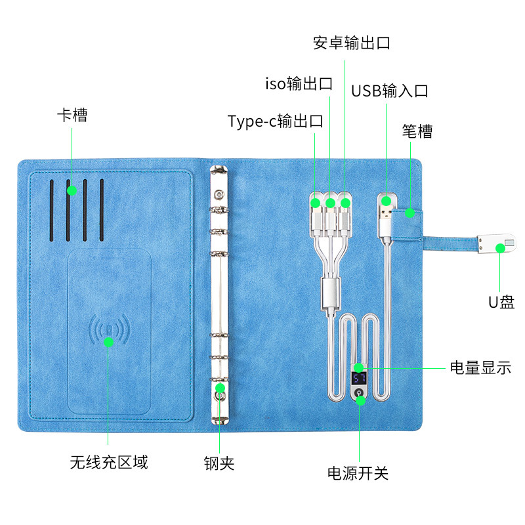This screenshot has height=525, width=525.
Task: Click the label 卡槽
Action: click(72, 115)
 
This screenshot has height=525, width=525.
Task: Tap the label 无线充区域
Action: click(109, 463)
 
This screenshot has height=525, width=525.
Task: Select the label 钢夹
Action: click(219, 463)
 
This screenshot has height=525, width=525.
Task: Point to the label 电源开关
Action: click(358, 473)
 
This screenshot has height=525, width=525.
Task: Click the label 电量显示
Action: click(480, 367)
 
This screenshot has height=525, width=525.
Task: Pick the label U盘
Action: click(501, 302)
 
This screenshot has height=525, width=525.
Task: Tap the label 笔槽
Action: click(417, 131)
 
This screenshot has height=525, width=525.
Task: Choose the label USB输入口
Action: click(390, 91)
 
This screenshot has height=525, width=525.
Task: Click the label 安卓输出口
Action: click(352, 43)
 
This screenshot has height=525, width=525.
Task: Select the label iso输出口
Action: click(299, 83)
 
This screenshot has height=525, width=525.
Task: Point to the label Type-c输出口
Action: click(275, 121)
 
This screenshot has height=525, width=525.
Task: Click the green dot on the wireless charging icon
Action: click(108, 342)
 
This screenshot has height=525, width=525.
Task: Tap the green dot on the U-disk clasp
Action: click(500, 248)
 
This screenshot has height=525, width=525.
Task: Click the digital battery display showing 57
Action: click(358, 379)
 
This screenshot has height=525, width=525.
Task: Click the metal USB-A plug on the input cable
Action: click(386, 213)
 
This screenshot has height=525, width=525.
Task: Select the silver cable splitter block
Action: click(331, 293)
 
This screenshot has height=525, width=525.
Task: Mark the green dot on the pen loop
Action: click(409, 213)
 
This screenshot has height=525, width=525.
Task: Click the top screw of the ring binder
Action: click(219, 194)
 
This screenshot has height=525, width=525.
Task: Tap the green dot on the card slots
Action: click(72, 190)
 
